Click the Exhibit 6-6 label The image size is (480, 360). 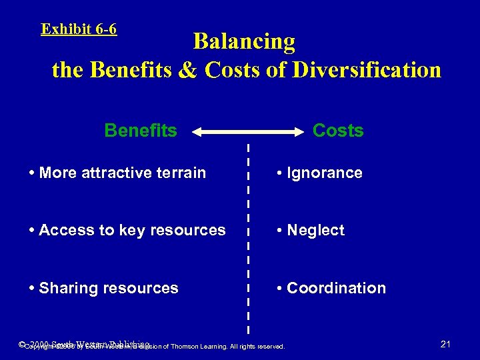[x=79, y=29]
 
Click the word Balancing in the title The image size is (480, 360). [x=244, y=41]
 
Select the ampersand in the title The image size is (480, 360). [x=188, y=70]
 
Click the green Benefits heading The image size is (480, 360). [x=141, y=130]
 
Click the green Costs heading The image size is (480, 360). [x=338, y=130]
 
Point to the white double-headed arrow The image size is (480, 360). [x=248, y=133]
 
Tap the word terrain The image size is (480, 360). [x=181, y=173]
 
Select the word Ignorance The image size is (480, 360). [x=324, y=173]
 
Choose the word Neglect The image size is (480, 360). [x=315, y=231]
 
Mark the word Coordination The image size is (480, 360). [x=336, y=289]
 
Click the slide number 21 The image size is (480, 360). [x=446, y=344]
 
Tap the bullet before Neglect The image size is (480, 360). [x=281, y=231]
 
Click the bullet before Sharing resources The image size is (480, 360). [x=33, y=289]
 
